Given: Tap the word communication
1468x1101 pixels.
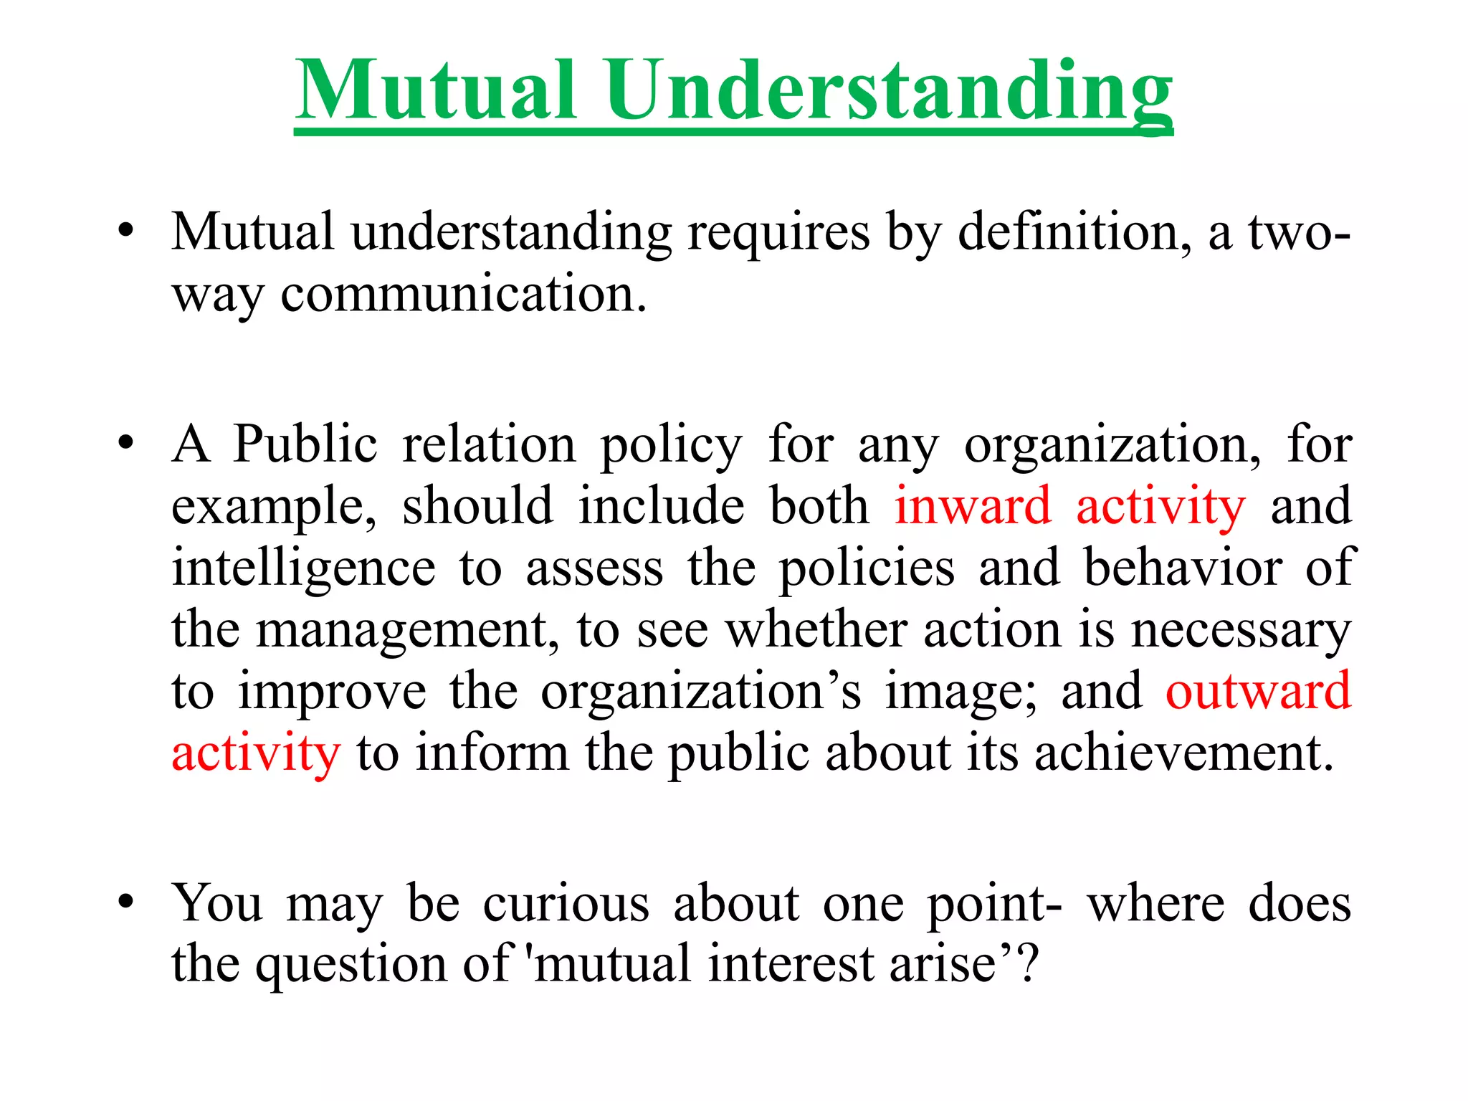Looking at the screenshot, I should coord(463,295).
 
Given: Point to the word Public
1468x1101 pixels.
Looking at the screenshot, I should coord(305,444).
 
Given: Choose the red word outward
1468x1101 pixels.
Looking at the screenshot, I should coord(1258,691).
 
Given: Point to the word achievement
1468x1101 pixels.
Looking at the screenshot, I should coord(1183,753).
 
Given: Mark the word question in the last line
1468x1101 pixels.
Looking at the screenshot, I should coord(351,966).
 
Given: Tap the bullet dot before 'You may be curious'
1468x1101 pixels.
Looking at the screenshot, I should coord(127,902).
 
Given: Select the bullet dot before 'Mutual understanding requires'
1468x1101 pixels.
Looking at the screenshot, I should coord(127,232).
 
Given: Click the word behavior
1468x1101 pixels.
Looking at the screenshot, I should coord(1182,568).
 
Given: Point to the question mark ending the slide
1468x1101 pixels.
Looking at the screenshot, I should coord(1028,963).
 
